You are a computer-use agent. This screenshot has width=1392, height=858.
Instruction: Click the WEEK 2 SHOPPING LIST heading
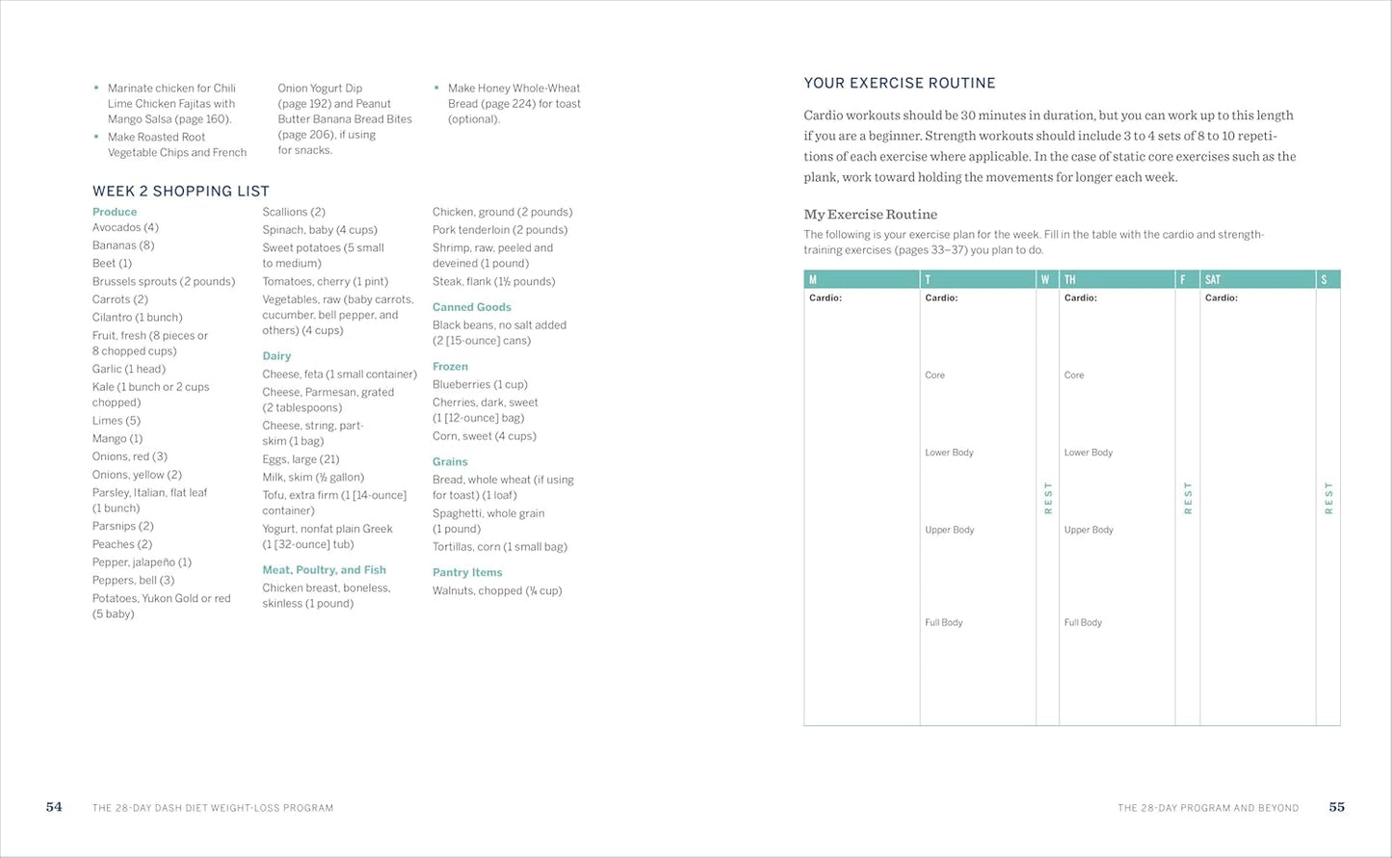click(x=181, y=191)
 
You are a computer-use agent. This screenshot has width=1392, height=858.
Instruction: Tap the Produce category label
click(x=115, y=212)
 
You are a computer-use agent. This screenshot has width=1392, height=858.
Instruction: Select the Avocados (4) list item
click(x=125, y=227)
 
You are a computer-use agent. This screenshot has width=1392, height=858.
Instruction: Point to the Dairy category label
click(x=276, y=355)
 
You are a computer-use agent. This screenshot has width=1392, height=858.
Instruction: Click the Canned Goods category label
click(x=472, y=307)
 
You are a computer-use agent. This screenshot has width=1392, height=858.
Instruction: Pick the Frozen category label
click(x=450, y=366)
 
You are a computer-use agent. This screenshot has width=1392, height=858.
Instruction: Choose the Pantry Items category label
click(x=467, y=572)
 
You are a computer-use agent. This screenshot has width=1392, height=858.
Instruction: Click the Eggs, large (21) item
click(x=301, y=459)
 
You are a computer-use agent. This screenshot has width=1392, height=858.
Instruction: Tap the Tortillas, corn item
click(x=500, y=547)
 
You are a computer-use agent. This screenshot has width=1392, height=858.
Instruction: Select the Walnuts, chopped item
click(x=497, y=590)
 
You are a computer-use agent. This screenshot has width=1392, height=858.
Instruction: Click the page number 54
click(x=54, y=807)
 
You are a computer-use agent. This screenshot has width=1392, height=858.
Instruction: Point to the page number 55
click(x=1336, y=807)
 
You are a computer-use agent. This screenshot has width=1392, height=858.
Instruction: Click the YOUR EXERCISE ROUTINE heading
click(x=900, y=83)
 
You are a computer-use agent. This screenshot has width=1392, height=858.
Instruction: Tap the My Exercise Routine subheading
click(x=871, y=214)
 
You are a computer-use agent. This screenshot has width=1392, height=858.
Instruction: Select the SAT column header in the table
click(x=1213, y=279)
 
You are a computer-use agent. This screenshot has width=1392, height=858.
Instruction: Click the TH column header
click(x=1069, y=279)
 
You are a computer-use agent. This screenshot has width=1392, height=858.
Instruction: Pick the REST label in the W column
click(x=1048, y=498)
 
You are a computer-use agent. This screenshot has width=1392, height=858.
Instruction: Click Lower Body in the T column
click(x=949, y=453)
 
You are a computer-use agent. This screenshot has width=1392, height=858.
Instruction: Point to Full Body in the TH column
click(x=1083, y=622)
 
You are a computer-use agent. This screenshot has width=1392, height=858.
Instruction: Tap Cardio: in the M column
click(x=826, y=299)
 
